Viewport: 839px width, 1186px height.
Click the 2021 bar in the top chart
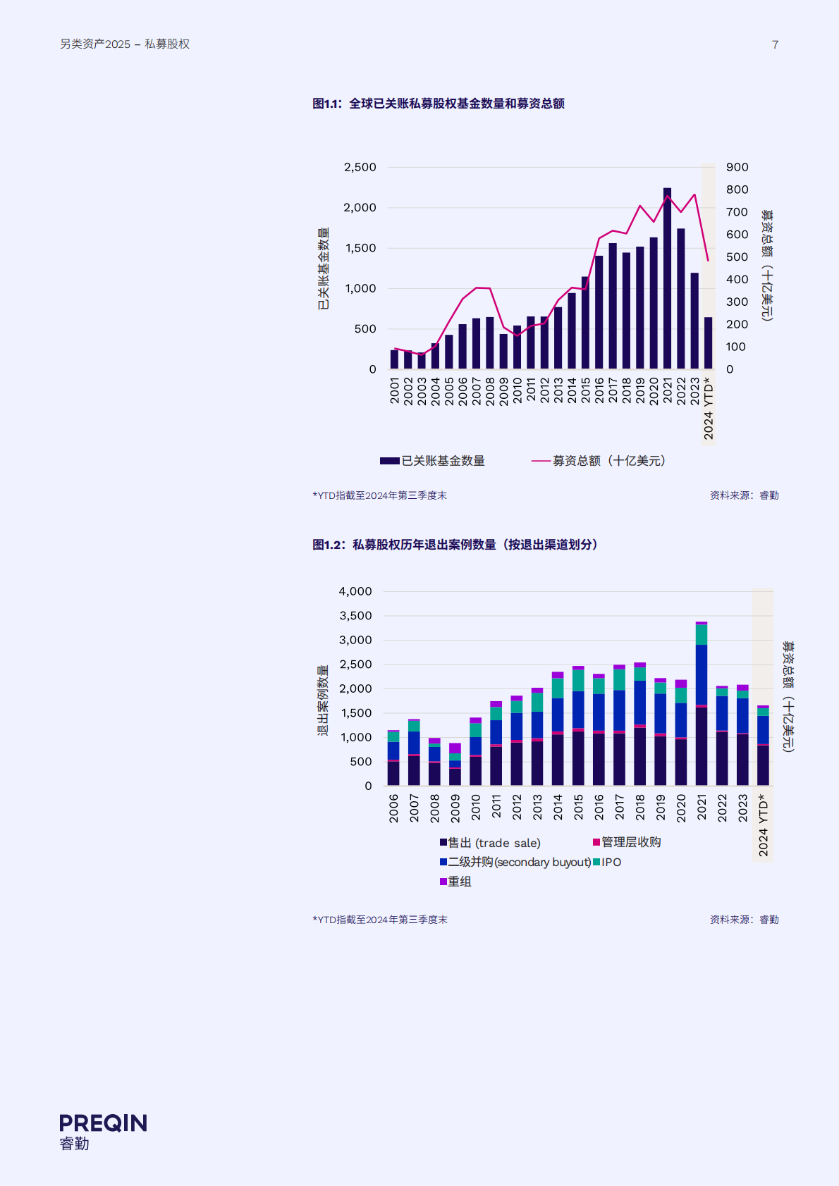pyautogui.click(x=667, y=278)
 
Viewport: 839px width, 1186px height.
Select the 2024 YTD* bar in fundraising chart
pyautogui.click(x=708, y=343)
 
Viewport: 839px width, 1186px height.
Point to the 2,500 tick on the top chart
pyautogui.click(x=360, y=167)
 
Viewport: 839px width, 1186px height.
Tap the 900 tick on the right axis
pyautogui.click(x=737, y=167)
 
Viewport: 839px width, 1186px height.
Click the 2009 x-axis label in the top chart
pyautogui.click(x=503, y=390)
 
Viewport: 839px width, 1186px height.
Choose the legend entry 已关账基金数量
pyautogui.click(x=432, y=461)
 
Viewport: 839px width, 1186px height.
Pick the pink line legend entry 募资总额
pyautogui.click(x=598, y=461)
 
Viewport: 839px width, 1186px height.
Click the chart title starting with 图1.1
pyautogui.click(x=438, y=104)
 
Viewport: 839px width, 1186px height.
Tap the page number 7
pyautogui.click(x=775, y=44)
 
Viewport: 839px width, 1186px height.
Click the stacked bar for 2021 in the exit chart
pyautogui.click(x=702, y=705)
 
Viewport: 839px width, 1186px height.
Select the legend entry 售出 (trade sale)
pyautogui.click(x=490, y=843)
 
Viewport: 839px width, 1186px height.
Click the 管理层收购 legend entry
pyautogui.click(x=627, y=842)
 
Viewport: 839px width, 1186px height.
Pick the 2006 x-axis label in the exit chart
pyautogui.click(x=393, y=808)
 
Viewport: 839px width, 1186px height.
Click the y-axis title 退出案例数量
pyautogui.click(x=323, y=700)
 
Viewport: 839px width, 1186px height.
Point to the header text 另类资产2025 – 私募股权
pyautogui.click(x=125, y=44)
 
